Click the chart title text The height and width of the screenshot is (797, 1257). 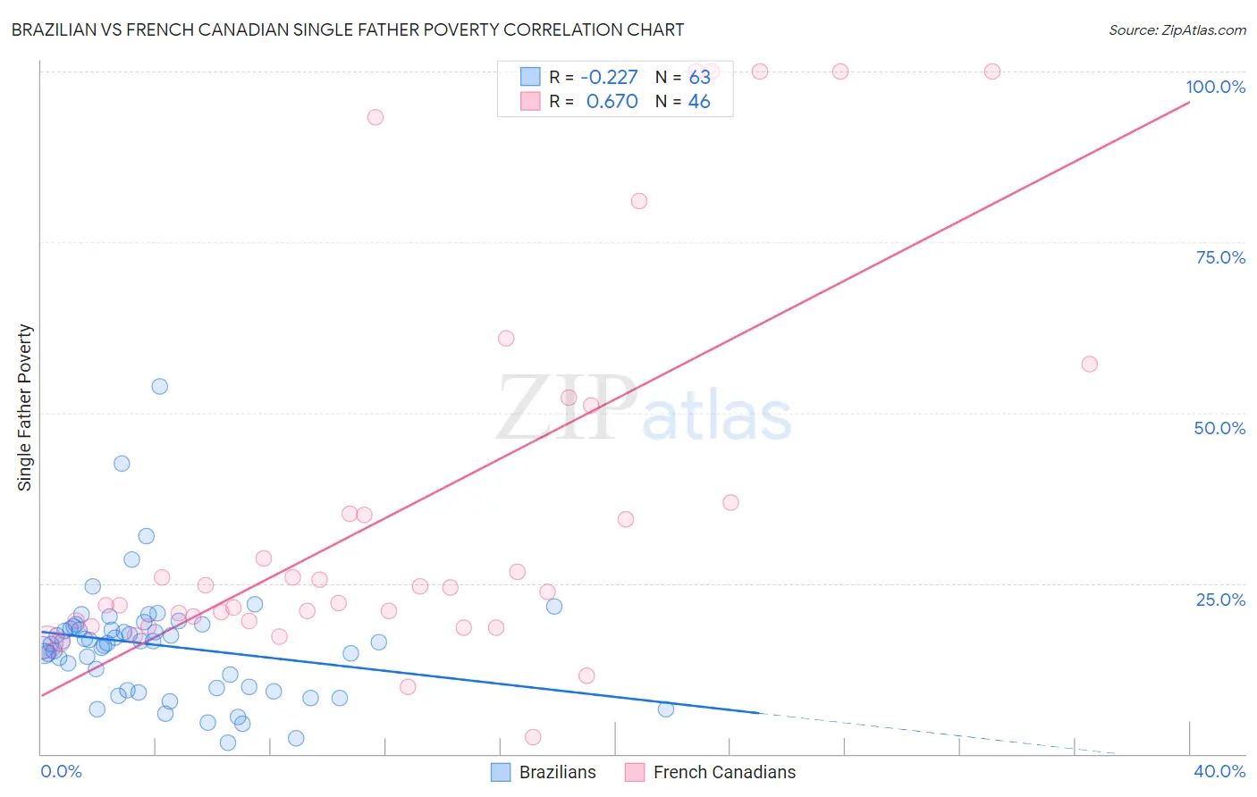[348, 29]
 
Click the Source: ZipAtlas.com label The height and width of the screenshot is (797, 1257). [1177, 29]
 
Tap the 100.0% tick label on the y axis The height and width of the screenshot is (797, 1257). [1215, 87]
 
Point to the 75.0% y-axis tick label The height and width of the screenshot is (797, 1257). [1219, 257]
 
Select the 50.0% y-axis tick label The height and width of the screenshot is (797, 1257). [1219, 428]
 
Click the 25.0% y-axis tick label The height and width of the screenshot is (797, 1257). [1219, 600]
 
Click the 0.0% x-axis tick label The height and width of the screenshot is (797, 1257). [61, 771]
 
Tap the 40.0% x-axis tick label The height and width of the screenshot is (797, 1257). [1219, 771]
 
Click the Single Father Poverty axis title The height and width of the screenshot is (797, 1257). [25, 407]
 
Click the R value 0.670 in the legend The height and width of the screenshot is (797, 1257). [612, 101]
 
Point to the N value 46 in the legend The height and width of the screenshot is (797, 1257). [698, 101]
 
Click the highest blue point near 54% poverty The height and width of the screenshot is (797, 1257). [159, 386]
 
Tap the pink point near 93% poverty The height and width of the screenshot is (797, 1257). [375, 117]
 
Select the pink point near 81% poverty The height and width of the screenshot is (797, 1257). [638, 201]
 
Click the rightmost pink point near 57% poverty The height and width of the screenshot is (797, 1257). [1089, 364]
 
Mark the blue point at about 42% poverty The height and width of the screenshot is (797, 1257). [122, 463]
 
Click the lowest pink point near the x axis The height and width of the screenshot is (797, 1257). [533, 737]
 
